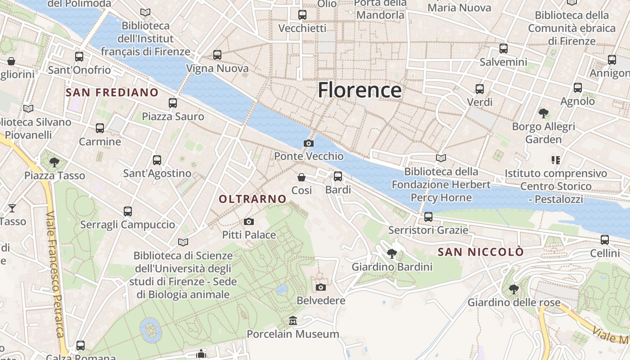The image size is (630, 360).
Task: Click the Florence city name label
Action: point(360,90)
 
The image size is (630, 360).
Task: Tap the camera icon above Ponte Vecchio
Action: point(309,143)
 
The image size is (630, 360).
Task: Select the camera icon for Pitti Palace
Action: point(248,221)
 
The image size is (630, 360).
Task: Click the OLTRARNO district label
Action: point(252,199)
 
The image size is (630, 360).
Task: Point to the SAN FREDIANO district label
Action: point(112,93)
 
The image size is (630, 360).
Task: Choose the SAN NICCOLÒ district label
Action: point(481,252)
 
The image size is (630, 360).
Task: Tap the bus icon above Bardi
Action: point(338,176)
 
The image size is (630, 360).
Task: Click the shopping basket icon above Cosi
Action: point(301,177)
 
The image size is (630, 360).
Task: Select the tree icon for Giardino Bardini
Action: point(392,254)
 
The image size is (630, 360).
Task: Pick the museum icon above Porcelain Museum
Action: point(293,321)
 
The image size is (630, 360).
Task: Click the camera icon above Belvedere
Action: point(321,287)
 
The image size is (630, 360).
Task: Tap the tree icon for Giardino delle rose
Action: point(513,289)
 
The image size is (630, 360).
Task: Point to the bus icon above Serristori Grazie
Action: point(428,217)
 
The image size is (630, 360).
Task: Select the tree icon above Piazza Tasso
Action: point(54,162)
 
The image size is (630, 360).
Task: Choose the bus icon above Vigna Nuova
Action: point(217,55)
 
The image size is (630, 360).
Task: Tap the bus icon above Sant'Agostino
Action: point(157,160)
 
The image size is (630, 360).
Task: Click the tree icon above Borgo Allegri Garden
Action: point(543,113)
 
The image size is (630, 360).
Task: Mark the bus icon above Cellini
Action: point(605,240)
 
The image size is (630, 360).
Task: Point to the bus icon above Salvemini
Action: point(504,49)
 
